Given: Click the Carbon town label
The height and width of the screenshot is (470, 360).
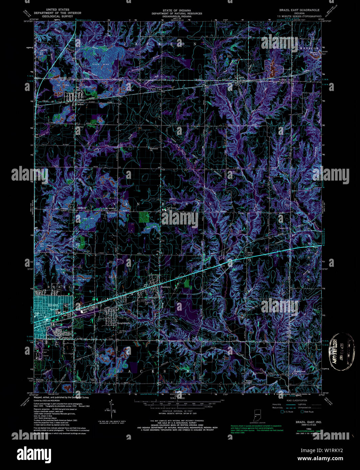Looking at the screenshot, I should [x=80, y=104].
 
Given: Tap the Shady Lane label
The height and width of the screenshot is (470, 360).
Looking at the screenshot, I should [x=250, y=253].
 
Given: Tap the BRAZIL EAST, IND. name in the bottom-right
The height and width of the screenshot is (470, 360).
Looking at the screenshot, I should [x=304, y=422].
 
